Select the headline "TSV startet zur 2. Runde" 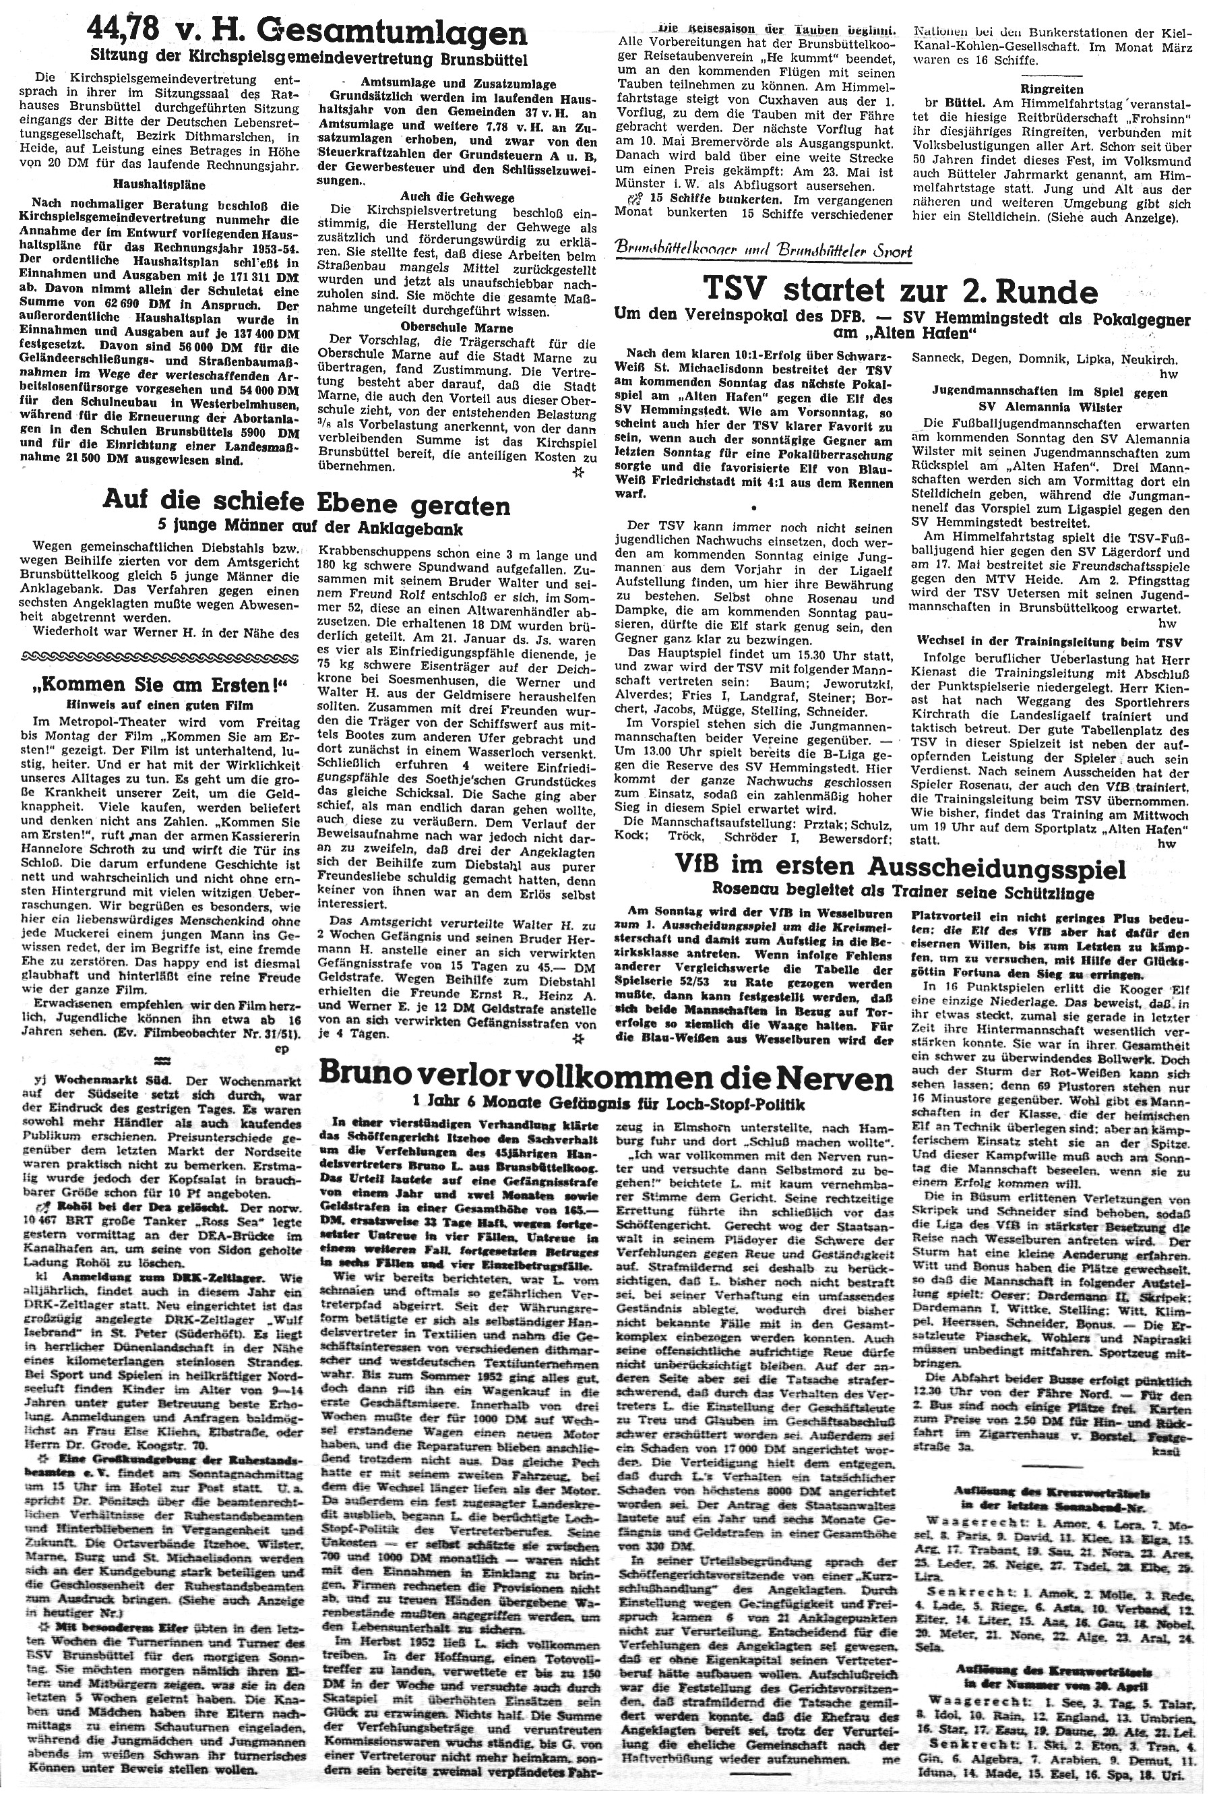click(x=900, y=291)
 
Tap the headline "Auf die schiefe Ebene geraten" click(x=307, y=505)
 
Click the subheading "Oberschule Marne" click(x=452, y=325)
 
